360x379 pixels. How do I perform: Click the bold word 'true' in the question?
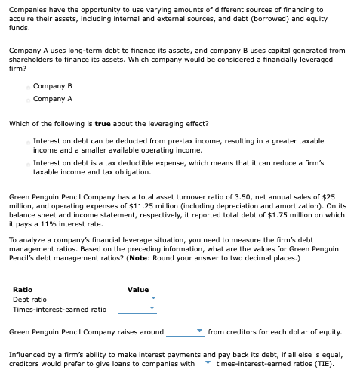pos(103,123)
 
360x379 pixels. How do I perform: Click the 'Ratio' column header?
pos(23,289)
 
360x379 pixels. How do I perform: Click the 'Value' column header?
pos(138,289)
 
